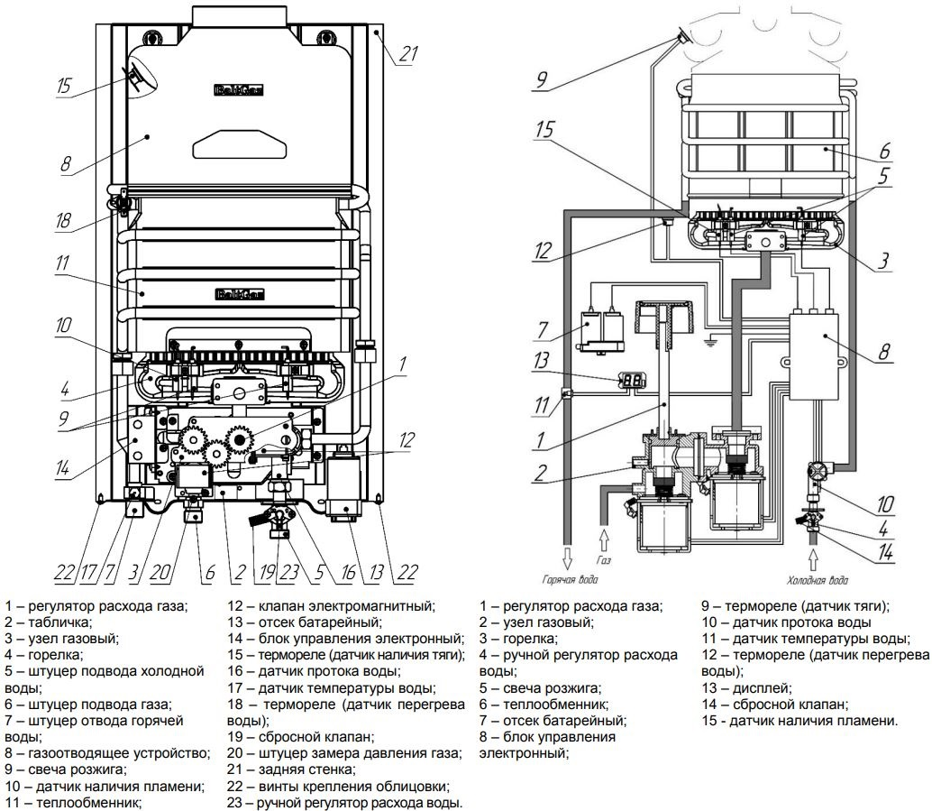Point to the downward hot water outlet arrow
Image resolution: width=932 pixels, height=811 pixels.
(x=568, y=554)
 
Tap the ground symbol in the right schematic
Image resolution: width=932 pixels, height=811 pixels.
(x=709, y=342)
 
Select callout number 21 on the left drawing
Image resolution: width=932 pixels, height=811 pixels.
(x=408, y=55)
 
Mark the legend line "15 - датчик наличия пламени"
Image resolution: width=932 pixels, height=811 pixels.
(x=800, y=721)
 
